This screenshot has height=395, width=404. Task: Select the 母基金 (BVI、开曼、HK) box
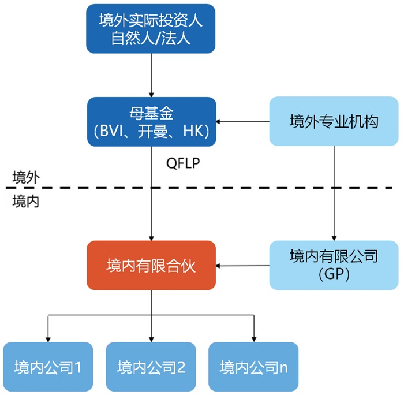click(151, 121)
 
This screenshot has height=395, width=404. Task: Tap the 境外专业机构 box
click(334, 121)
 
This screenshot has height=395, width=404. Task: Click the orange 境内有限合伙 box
click(151, 266)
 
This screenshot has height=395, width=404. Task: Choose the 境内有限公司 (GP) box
click(334, 265)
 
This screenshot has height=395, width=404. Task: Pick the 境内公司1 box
click(48, 367)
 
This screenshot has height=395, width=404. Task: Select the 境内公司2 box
click(151, 367)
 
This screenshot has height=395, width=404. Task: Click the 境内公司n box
click(253, 367)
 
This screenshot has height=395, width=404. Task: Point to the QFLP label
click(183, 163)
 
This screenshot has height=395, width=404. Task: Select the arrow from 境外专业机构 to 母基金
click(242, 122)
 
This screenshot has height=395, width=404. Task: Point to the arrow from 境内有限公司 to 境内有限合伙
click(242, 266)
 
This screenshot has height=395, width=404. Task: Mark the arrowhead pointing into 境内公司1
click(48, 338)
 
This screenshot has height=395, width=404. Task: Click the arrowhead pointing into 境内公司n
click(253, 338)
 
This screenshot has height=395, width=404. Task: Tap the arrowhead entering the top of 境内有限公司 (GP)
click(334, 237)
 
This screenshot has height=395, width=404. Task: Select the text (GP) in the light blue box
click(334, 275)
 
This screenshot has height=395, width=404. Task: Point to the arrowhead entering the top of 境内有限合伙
click(151, 237)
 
